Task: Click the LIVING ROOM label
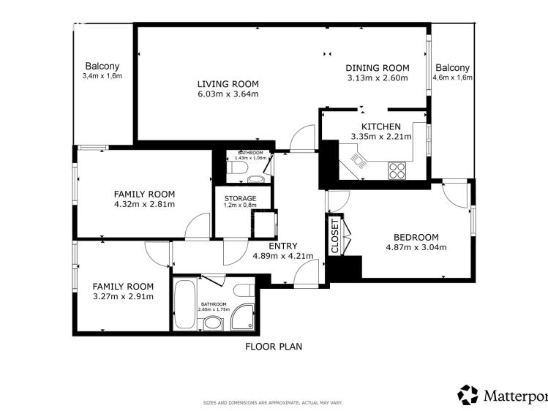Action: click(x=228, y=84)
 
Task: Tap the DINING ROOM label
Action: click(x=378, y=68)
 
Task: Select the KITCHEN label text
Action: click(x=381, y=127)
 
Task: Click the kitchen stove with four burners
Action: click(x=397, y=170)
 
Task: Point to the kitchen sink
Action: click(x=358, y=161)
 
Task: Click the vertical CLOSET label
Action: click(x=335, y=236)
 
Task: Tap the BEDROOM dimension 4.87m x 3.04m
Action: click(x=416, y=248)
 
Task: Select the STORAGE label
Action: click(x=240, y=199)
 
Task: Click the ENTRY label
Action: click(x=283, y=246)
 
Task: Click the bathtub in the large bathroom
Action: click(x=185, y=303)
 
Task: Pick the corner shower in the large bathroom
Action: click(x=243, y=317)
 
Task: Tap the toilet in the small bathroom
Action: click(x=237, y=168)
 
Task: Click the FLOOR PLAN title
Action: click(x=274, y=347)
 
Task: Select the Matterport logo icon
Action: click(x=468, y=395)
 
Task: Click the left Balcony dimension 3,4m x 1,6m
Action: click(x=102, y=76)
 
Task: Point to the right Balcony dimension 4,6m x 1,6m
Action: click(x=453, y=78)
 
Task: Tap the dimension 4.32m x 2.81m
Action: click(x=144, y=204)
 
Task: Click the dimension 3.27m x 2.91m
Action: click(x=123, y=297)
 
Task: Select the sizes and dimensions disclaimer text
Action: click(x=273, y=403)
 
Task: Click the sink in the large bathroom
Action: click(x=213, y=323)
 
